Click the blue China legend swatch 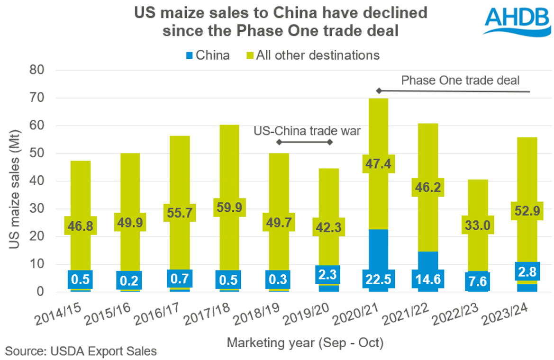point(189,55)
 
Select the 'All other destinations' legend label point(318,55)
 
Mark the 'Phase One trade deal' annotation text point(460,80)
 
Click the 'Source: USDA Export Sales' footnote point(81,351)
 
